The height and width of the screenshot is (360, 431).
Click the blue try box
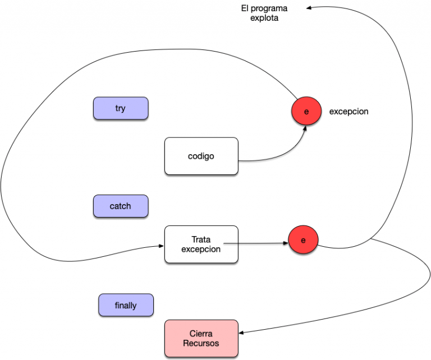[121, 108]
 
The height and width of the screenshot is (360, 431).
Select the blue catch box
[121, 206]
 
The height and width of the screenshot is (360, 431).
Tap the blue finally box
[126, 305]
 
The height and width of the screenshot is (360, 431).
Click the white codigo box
[201, 156]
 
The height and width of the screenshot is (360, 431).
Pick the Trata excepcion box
[201, 244]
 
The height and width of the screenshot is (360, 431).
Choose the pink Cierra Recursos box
[201, 338]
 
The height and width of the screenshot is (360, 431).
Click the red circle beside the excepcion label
[306, 111]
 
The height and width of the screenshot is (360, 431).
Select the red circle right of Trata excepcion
[303, 240]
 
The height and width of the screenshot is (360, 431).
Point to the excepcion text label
[349, 112]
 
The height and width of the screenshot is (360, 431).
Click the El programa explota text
[264, 13]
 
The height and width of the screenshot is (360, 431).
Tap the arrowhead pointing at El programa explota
[309, 8]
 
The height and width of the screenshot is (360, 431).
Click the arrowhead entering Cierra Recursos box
[241, 333]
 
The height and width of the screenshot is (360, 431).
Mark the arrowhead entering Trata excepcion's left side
[162, 246]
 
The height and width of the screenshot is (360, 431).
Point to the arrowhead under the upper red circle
[305, 128]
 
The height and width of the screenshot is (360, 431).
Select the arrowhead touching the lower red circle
[285, 243]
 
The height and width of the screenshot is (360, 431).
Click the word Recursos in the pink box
[201, 343]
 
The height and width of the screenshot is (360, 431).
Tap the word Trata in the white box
[201, 239]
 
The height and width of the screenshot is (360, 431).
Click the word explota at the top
[264, 18]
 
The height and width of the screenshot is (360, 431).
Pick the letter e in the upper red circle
[306, 112]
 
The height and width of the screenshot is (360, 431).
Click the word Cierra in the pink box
[201, 334]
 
